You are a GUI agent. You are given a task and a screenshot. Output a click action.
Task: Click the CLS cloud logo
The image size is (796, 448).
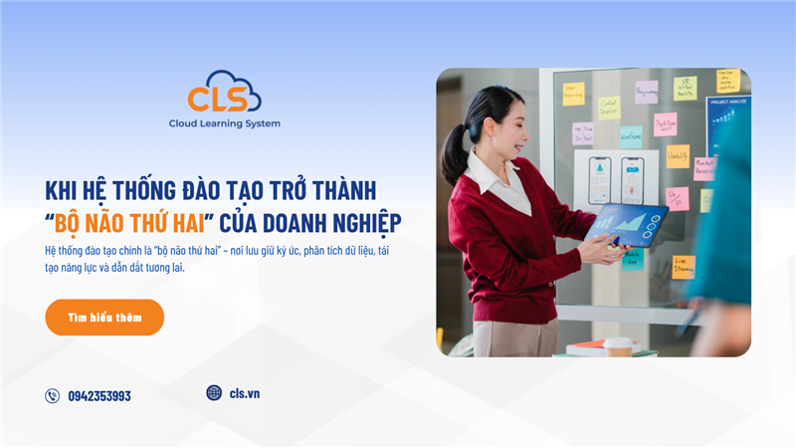[x=224, y=95]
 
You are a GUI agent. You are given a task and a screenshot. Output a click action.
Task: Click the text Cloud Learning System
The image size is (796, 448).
[x=224, y=123]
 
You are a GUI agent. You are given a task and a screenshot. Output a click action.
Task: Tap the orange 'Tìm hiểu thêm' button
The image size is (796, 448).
[x=104, y=318]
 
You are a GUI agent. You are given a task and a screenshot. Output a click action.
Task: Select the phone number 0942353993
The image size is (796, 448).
[x=99, y=396]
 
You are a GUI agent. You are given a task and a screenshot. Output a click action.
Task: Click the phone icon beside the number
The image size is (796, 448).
[x=53, y=396]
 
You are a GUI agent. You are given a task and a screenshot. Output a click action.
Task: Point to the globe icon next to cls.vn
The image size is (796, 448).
[x=214, y=393]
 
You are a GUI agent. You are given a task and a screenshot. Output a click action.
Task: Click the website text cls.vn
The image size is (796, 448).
[x=245, y=393]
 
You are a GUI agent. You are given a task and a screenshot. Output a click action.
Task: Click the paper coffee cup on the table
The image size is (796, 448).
[x=618, y=346]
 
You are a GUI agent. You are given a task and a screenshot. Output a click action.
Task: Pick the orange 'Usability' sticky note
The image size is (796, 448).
[x=678, y=156]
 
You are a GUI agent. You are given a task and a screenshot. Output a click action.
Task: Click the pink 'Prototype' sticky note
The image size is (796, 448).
[x=665, y=123]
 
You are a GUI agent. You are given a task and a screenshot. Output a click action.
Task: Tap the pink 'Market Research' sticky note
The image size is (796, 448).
[x=704, y=167]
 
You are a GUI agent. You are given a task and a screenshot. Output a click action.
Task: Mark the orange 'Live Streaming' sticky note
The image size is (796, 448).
[x=684, y=266]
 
